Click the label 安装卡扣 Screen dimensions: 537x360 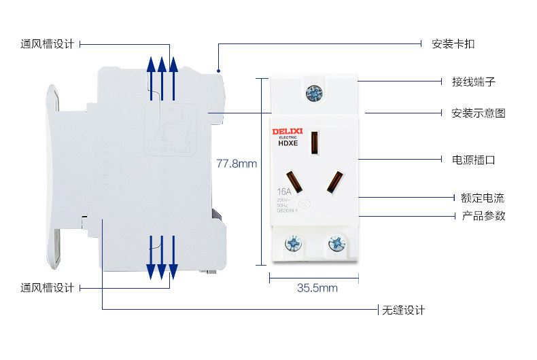point(453,44)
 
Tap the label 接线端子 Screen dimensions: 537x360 point(473,82)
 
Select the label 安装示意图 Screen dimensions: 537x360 point(478,113)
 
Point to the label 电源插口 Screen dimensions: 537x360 point(473,160)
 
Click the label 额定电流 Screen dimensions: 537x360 point(482,198)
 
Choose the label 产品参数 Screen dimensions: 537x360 point(483,216)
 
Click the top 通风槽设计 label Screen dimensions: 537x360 point(46,44)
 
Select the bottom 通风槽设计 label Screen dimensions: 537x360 point(46,288)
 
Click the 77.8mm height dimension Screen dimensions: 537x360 point(237,164)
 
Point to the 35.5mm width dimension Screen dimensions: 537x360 point(317,288)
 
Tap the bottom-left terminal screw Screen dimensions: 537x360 point(293,242)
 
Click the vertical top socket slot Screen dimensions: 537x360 point(314,143)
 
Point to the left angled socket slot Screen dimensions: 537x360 point(294,181)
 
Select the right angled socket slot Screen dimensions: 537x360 point(334,181)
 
